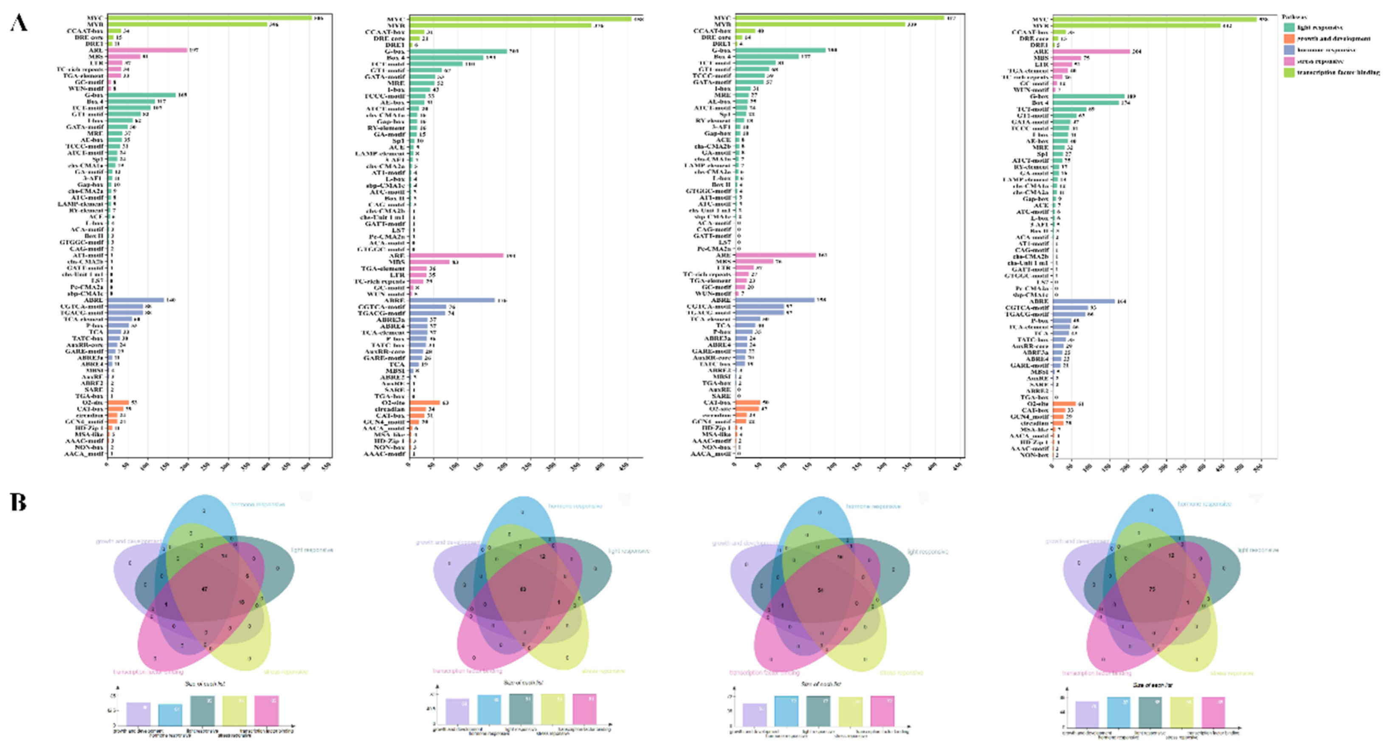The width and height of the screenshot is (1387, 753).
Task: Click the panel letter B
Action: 18,502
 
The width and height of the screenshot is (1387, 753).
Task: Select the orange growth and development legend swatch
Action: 1289,39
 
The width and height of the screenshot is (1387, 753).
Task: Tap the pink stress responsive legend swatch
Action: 1289,62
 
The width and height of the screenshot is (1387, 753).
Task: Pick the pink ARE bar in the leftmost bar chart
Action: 147,50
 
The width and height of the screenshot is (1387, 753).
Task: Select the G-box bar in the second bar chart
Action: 458,51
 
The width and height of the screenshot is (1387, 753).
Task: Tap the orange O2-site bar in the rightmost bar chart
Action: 1063,404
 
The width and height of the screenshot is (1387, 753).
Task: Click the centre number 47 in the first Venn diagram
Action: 204,589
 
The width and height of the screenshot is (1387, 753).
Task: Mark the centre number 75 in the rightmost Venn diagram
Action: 1152,589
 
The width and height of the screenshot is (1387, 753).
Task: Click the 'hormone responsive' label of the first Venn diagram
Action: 258,505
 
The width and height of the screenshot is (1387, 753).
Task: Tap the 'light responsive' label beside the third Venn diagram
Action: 928,552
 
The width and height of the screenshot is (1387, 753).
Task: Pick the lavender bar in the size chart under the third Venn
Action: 754,714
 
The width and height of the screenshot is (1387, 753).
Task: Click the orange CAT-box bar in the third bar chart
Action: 747,402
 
